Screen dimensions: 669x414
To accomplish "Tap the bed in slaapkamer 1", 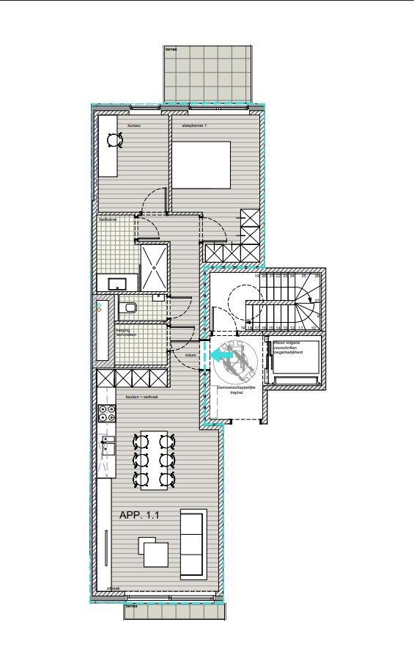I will coord(202,164).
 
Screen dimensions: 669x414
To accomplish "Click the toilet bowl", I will coord(130,308).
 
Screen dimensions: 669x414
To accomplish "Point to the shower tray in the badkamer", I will coord(153,268).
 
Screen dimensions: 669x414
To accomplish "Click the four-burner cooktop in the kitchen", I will coord(107,413).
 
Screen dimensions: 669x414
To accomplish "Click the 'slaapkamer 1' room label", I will coord(195,126).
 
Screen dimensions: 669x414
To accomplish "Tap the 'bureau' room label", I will coord(133,126).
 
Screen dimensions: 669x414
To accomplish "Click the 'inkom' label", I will coord(191,355).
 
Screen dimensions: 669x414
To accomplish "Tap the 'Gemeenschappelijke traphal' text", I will coord(232,390).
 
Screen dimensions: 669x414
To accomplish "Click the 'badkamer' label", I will coord(108,219).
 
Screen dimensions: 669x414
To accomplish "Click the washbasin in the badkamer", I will coord(115,283).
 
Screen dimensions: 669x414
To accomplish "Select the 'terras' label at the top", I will coord(171,49).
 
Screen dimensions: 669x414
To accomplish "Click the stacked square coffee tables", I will coord(154,552).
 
